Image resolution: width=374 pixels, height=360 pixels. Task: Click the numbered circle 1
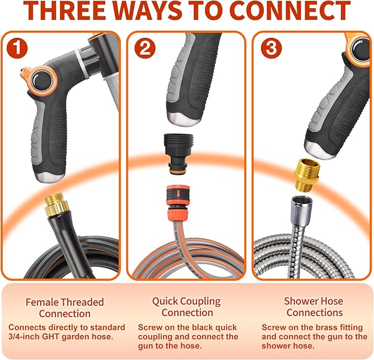[x=17, y=48]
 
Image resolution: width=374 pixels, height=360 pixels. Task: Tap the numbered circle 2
[x=145, y=48]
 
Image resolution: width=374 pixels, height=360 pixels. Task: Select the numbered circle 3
[x=271, y=48]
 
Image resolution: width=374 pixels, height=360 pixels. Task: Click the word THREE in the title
[x=65, y=10]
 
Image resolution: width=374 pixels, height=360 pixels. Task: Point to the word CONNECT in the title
[x=290, y=10]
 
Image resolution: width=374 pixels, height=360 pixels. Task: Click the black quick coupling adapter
[x=178, y=154]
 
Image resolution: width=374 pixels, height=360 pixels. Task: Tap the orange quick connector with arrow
[x=178, y=203]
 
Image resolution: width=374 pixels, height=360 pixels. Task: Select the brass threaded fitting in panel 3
[x=306, y=174]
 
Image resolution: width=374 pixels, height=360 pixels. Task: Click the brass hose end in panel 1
[x=57, y=203]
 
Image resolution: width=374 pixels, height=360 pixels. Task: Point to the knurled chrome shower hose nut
[x=301, y=210]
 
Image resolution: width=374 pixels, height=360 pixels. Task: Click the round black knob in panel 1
[x=43, y=81]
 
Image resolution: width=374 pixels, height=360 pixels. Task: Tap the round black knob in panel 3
[x=360, y=50]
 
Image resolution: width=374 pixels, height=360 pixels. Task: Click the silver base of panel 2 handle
[x=183, y=118]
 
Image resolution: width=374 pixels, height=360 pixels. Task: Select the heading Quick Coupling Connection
[x=187, y=307]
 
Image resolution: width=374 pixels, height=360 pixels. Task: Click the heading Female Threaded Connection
[x=64, y=308]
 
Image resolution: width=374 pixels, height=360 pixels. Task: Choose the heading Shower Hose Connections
[x=314, y=307]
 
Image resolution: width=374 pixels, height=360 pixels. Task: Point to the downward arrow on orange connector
[x=178, y=193]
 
